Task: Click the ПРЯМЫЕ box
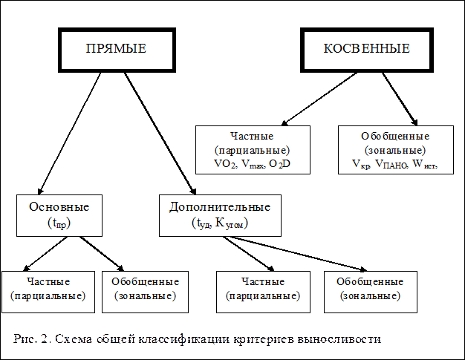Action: click(116, 49)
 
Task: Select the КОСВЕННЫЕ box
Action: click(366, 49)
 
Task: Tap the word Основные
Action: click(59, 206)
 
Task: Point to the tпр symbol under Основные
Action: click(59, 222)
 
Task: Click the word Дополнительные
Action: click(220, 206)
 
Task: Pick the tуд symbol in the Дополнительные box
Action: click(201, 222)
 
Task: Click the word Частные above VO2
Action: click(252, 137)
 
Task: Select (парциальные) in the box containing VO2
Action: click(252, 149)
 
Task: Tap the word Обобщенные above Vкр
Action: click(394, 137)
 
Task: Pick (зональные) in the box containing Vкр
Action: click(394, 149)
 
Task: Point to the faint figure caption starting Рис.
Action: click(197, 339)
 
